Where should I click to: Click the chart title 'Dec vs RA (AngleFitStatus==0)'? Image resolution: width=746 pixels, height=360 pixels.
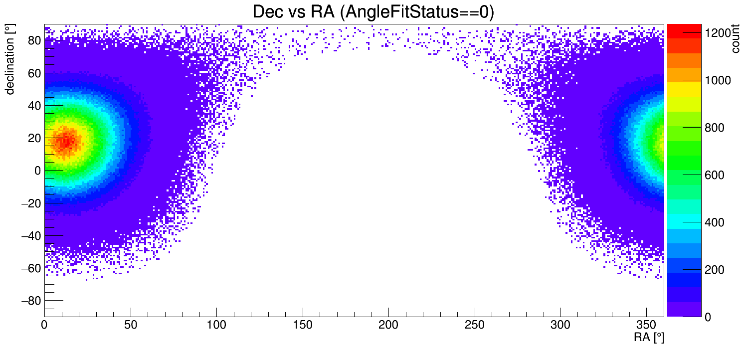373,12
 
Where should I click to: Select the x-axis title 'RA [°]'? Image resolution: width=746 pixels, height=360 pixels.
649,338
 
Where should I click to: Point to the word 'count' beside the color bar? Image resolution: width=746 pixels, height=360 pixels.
735,40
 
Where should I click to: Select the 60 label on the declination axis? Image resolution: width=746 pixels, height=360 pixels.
33,73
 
